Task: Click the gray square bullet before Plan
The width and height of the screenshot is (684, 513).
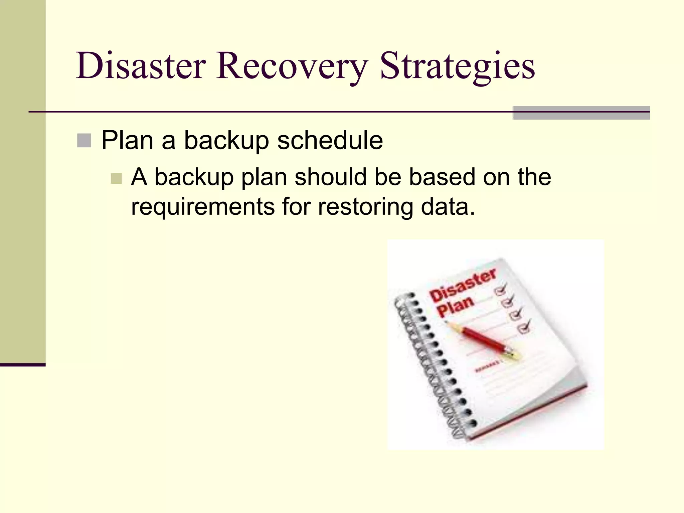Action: coord(84,141)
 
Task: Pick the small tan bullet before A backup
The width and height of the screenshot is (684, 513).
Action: coord(116,178)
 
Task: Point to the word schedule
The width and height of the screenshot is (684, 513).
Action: coord(330,141)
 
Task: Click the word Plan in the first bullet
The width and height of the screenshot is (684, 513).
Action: coord(127,141)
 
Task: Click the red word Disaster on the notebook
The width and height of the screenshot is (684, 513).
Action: coord(463,286)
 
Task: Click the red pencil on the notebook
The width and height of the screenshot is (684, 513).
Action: coord(481,339)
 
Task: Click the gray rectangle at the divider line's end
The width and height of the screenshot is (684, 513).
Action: coord(581,113)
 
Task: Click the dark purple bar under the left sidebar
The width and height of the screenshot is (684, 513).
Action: coord(22,365)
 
